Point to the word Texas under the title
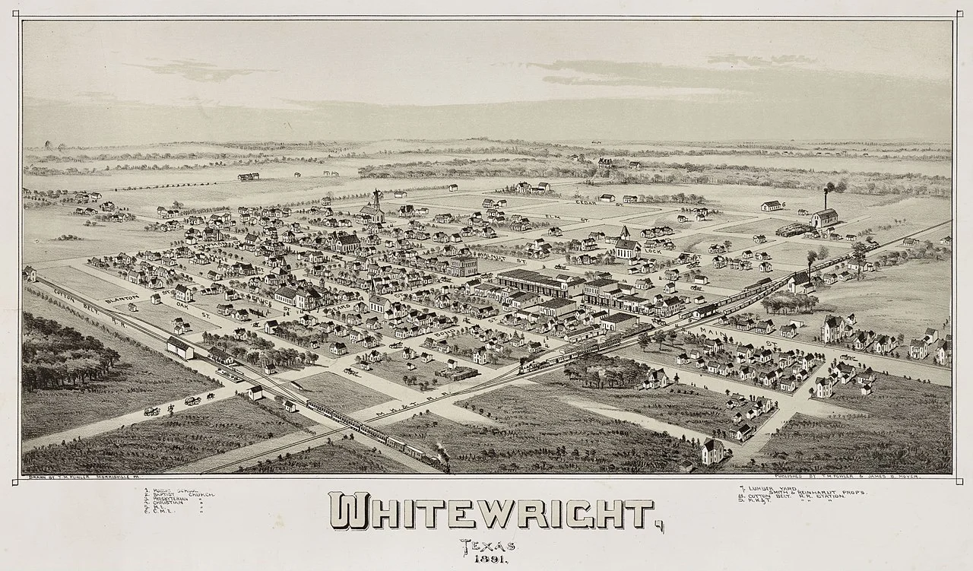[487, 544]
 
